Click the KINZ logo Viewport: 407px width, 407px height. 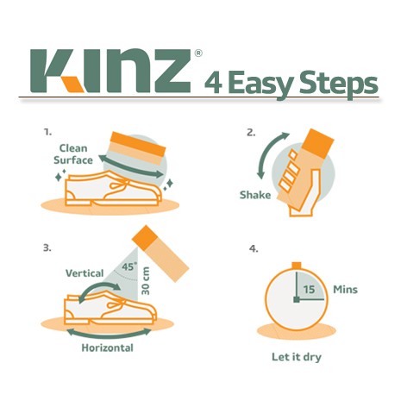click(110, 71)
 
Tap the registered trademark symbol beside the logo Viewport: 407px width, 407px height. click(198, 53)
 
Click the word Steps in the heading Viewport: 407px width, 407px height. click(339, 85)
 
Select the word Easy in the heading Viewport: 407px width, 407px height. click(260, 85)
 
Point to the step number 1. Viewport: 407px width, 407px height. click(47, 132)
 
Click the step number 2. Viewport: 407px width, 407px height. click(251, 133)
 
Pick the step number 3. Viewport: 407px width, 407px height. click(47, 247)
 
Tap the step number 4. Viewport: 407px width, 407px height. click(254, 248)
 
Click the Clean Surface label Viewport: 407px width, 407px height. click(73, 154)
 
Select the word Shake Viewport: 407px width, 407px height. click(255, 195)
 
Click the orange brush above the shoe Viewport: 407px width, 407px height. click(137, 147)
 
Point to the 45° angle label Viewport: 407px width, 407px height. click(128, 266)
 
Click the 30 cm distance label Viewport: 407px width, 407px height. click(146, 281)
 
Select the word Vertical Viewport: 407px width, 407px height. click(85, 273)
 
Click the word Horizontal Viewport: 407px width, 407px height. click(108, 348)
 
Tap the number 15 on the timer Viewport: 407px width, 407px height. click(309, 289)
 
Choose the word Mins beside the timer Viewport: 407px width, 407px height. click(345, 290)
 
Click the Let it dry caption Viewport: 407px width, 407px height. click(297, 357)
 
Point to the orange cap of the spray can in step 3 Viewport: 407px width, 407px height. click(145, 237)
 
